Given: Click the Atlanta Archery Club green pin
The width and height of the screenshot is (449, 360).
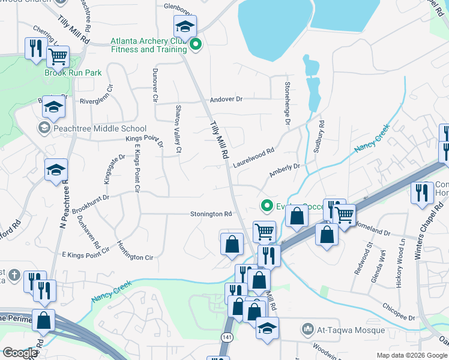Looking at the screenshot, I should click(195, 44).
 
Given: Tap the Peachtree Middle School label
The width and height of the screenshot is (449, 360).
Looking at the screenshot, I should click(100, 128).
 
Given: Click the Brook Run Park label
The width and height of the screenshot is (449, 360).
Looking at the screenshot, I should click(73, 73).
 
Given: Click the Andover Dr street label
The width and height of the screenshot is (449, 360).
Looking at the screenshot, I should click(226, 99).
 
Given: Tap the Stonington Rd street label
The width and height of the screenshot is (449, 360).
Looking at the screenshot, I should click(211, 214).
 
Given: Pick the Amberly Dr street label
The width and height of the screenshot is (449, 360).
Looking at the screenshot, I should click(284, 170).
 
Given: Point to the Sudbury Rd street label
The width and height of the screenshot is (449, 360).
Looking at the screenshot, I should click(321, 134).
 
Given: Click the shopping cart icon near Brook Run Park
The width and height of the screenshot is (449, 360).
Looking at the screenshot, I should click(58, 57).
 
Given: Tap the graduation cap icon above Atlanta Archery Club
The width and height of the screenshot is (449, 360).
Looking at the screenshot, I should click(185, 26).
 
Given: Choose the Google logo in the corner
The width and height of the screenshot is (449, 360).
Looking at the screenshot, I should click(19, 353).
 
